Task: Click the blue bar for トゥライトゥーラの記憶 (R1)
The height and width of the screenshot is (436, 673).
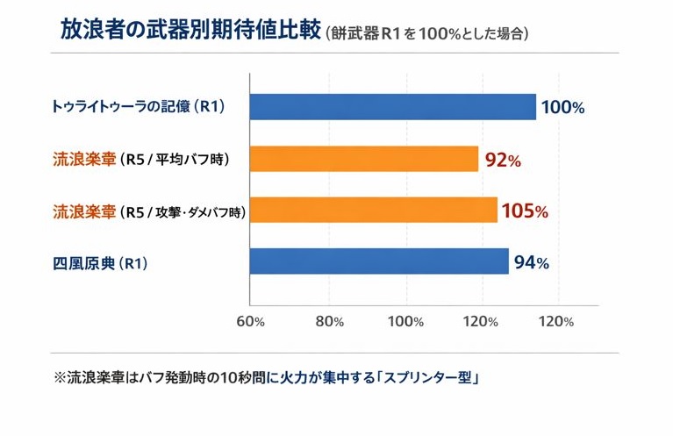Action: (x=393, y=107)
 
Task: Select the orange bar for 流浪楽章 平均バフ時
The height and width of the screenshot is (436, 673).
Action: (x=364, y=159)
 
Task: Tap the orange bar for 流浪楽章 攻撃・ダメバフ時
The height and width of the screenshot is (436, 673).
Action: (x=373, y=211)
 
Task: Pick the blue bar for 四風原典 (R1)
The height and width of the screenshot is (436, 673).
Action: (x=379, y=261)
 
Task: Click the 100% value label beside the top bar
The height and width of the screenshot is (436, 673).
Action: (x=562, y=109)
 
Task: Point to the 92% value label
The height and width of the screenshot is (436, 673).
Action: (x=503, y=161)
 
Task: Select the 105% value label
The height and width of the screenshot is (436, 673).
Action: (x=524, y=211)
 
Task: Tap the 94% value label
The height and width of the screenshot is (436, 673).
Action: (x=532, y=262)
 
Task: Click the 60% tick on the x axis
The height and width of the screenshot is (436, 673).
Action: (x=251, y=321)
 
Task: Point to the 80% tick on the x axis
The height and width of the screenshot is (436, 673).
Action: (x=329, y=321)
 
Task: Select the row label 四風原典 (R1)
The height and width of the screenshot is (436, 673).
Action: (x=99, y=262)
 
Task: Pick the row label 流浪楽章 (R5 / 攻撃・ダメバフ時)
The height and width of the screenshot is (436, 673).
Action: (x=148, y=211)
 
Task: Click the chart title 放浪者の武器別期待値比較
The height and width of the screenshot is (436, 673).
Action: (x=190, y=32)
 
